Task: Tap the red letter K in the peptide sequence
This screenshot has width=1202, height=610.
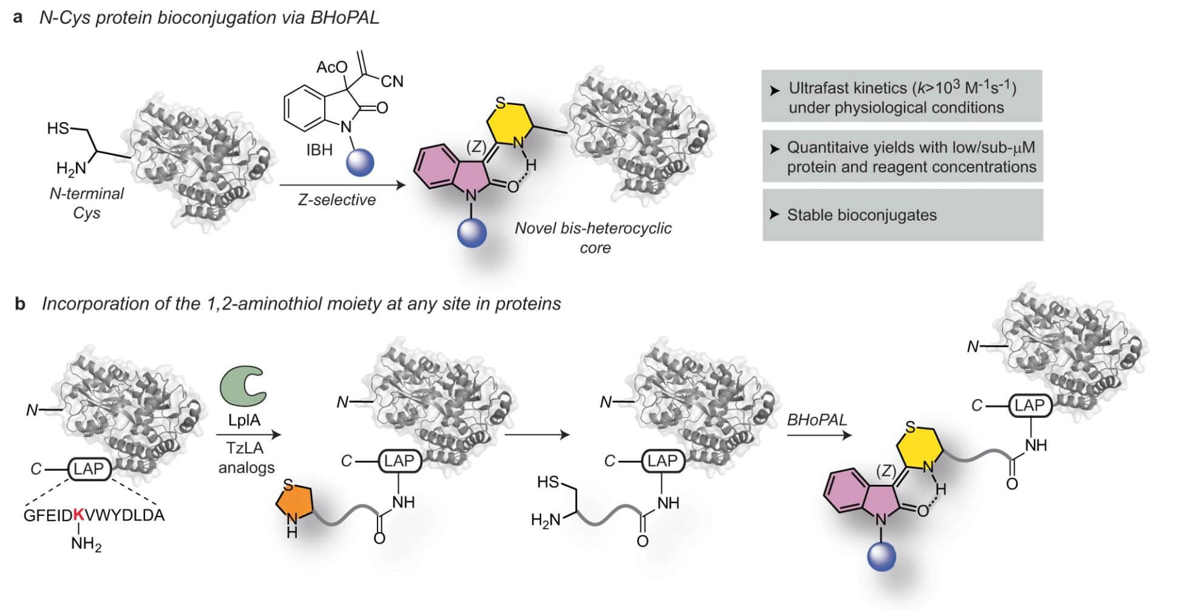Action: pos(78,515)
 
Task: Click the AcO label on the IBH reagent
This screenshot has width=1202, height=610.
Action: pos(331,66)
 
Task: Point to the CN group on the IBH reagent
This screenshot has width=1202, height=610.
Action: pos(392,81)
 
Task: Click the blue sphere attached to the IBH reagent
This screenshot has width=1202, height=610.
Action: pos(360,162)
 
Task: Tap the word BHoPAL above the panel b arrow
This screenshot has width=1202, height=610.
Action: pos(816,420)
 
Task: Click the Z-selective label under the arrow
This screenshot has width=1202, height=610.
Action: pos(336,200)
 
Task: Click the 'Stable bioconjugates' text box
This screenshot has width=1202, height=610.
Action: pos(902,215)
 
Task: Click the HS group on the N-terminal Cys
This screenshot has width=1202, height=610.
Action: pos(58,128)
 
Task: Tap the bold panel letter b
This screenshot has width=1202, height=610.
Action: pos(20,303)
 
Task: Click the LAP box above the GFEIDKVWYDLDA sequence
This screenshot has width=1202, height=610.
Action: pos(89,468)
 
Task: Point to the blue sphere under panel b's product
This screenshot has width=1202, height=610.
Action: pos(881,557)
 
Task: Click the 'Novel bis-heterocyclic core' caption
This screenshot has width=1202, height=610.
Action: pos(593,238)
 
